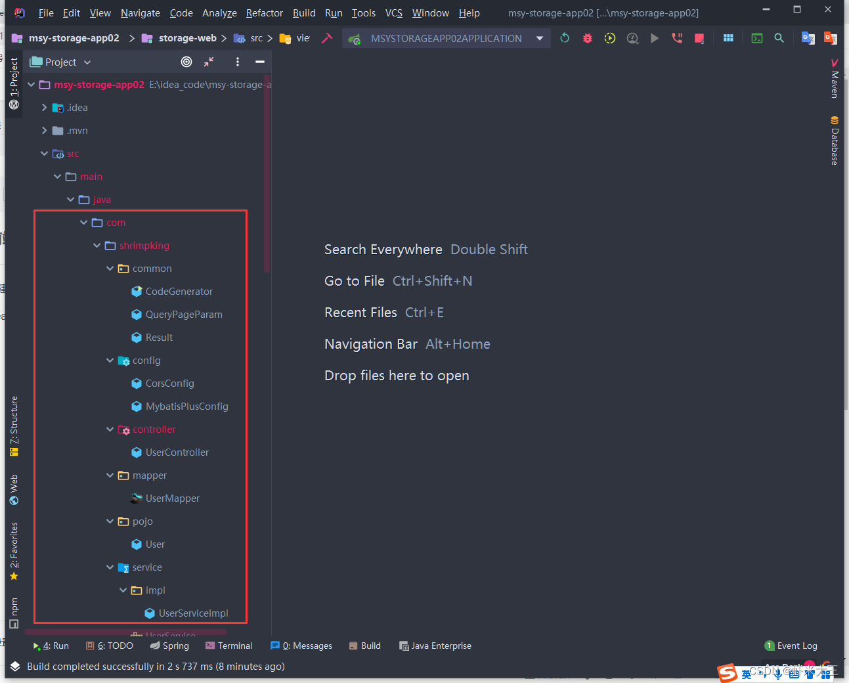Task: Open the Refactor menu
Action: point(264,13)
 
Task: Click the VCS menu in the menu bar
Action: point(393,13)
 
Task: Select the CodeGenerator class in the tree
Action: point(179,292)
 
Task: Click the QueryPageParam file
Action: point(183,315)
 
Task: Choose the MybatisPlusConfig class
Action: point(186,407)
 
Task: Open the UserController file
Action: point(177,452)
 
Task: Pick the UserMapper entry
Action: point(172,498)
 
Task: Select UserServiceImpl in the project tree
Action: point(193,613)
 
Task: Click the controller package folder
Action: point(154,430)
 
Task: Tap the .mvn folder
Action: point(77,131)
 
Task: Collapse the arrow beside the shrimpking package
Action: point(97,246)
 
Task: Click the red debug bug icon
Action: point(588,38)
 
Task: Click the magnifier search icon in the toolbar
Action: point(779,38)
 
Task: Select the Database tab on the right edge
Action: point(835,141)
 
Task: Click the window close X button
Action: point(828,9)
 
